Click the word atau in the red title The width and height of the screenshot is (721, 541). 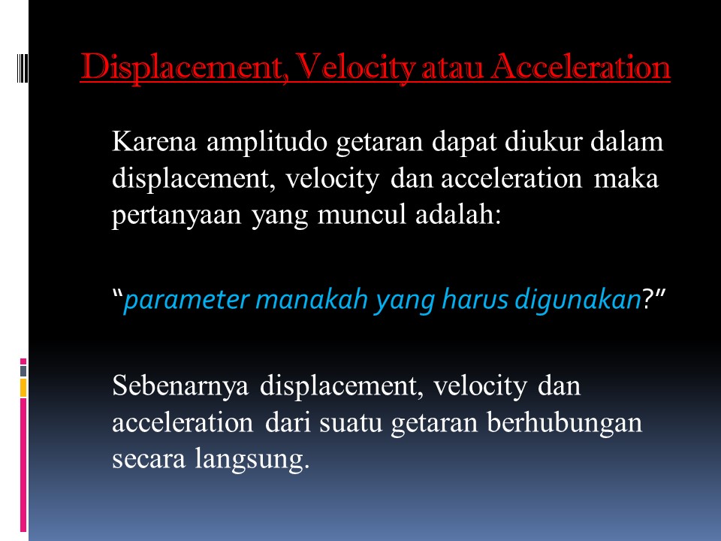tap(438, 68)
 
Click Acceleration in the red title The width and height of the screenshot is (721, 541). tap(573, 68)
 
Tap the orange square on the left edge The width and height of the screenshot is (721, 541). tap(23, 386)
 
